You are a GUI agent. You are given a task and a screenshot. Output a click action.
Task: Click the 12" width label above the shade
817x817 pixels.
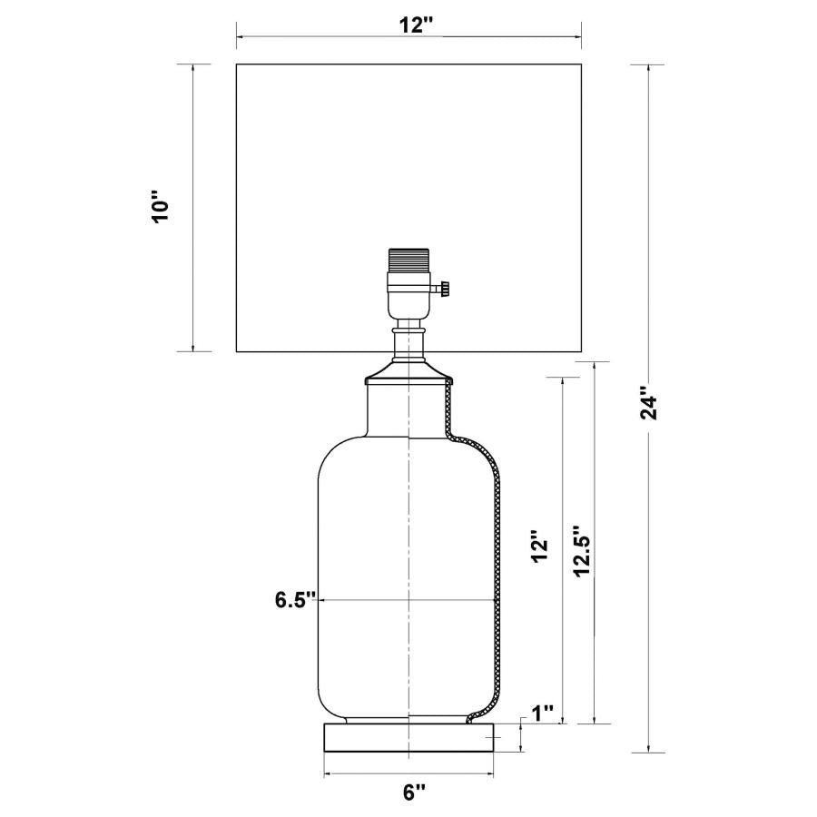(415, 25)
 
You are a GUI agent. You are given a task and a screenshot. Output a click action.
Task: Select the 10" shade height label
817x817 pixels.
(162, 208)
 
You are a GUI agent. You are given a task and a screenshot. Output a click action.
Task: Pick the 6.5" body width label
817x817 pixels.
(295, 599)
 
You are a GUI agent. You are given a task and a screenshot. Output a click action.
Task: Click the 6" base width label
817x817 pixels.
(414, 792)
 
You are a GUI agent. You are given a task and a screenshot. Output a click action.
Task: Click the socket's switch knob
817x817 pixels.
(446, 290)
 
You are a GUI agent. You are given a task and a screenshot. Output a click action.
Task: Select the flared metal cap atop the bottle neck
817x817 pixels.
(408, 374)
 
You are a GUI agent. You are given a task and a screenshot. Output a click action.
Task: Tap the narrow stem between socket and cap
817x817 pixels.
(408, 343)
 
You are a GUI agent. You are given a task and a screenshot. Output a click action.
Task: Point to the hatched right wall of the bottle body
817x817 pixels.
(497, 581)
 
